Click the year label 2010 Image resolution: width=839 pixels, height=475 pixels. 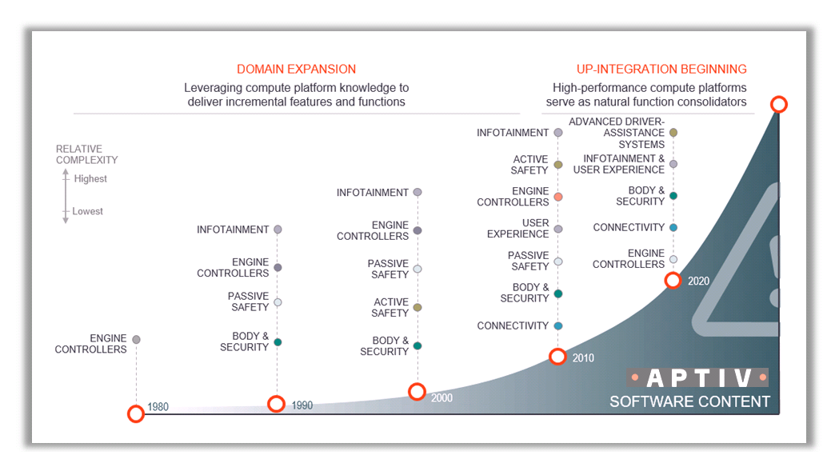(583, 358)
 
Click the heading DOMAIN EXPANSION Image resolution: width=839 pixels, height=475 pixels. (297, 69)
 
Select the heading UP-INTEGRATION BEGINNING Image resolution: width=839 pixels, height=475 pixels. (661, 69)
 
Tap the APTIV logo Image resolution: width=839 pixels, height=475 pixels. (697, 377)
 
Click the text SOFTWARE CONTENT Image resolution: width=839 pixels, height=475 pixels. (689, 401)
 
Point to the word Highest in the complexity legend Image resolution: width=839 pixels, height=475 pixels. (90, 178)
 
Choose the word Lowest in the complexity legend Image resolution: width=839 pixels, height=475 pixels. (88, 211)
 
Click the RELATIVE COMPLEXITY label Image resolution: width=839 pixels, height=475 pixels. (86, 154)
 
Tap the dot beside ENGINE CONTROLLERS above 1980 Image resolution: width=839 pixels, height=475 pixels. (137, 340)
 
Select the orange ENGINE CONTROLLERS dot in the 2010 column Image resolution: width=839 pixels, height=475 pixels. (558, 197)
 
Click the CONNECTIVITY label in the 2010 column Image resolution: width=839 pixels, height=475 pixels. (513, 325)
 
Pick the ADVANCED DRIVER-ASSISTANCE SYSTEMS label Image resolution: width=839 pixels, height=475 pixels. (617, 133)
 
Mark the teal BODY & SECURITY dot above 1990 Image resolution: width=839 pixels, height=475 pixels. (278, 342)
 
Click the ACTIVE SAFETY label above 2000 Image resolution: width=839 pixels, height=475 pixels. (390, 308)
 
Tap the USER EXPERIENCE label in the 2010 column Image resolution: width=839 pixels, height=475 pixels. (518, 229)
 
